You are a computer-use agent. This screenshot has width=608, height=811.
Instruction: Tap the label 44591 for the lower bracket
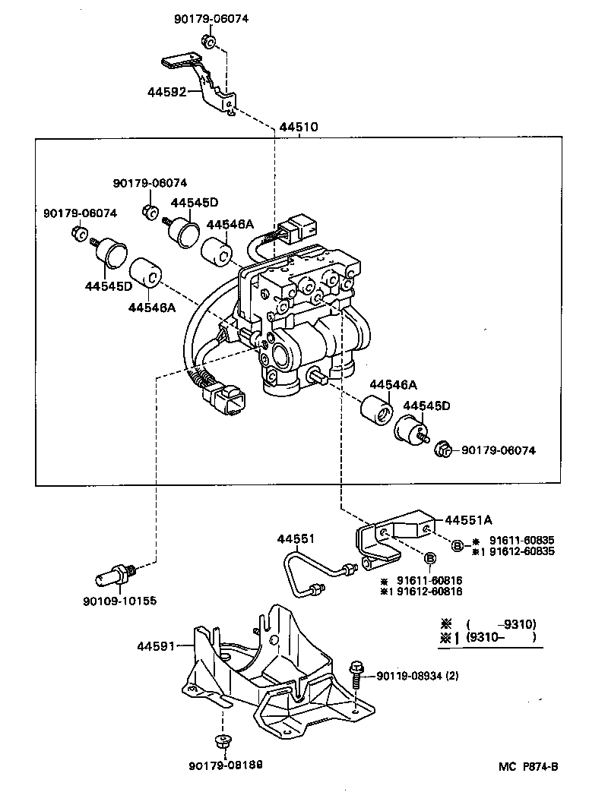(155, 646)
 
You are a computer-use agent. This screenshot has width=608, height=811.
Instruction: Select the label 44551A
(468, 520)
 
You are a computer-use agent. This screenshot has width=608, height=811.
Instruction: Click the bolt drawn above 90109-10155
(117, 575)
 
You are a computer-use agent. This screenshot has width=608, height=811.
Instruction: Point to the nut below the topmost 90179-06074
(207, 41)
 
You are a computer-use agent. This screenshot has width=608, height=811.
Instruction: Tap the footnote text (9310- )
(501, 637)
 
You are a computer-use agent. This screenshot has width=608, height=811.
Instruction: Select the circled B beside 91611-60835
(458, 545)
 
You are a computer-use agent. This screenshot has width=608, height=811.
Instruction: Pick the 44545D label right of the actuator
(426, 405)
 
